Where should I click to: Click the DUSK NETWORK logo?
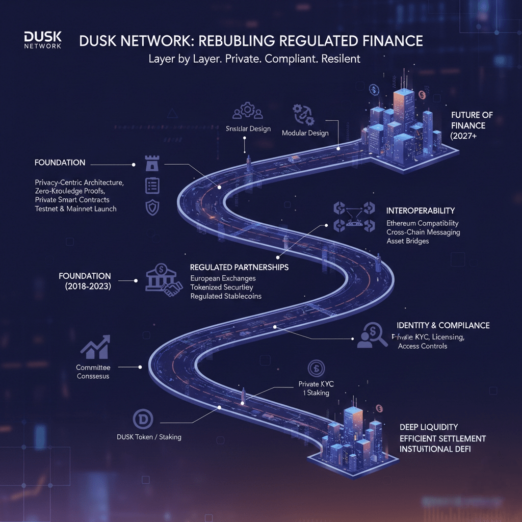click(x=42, y=40)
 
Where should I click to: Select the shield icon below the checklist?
click(x=152, y=207)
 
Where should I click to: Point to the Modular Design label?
click(x=305, y=133)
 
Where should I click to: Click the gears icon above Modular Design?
click(x=303, y=114)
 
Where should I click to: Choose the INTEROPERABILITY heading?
click(x=421, y=211)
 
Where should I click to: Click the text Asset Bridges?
click(x=408, y=241)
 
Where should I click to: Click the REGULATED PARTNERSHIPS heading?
click(x=239, y=267)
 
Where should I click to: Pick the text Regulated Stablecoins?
click(x=226, y=296)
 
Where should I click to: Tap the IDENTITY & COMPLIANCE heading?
click(x=443, y=325)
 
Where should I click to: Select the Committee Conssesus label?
click(x=93, y=372)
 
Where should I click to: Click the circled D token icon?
click(x=143, y=419)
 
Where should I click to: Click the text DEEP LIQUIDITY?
click(x=429, y=427)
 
